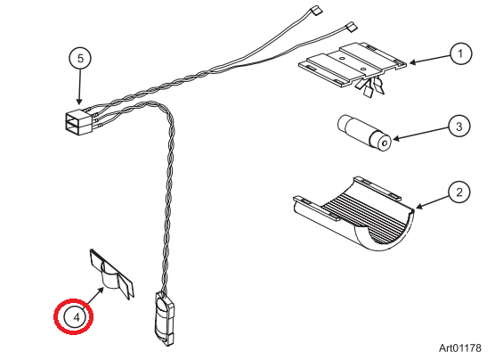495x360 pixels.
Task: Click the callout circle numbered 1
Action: point(460,54)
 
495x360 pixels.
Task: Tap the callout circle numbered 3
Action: point(458,127)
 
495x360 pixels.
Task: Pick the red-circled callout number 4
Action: point(77,315)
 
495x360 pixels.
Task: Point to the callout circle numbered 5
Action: point(80,58)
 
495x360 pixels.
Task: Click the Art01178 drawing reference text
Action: point(460,346)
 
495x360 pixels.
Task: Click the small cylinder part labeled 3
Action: point(364,132)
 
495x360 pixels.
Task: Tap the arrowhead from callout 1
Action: point(412,62)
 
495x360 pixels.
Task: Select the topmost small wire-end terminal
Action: point(314,12)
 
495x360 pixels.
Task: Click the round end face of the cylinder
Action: point(382,141)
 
